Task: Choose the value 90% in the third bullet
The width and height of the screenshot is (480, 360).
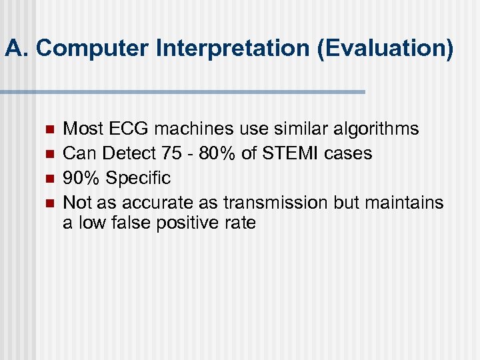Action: click(82, 179)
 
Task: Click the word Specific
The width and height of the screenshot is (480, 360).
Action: click(139, 179)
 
